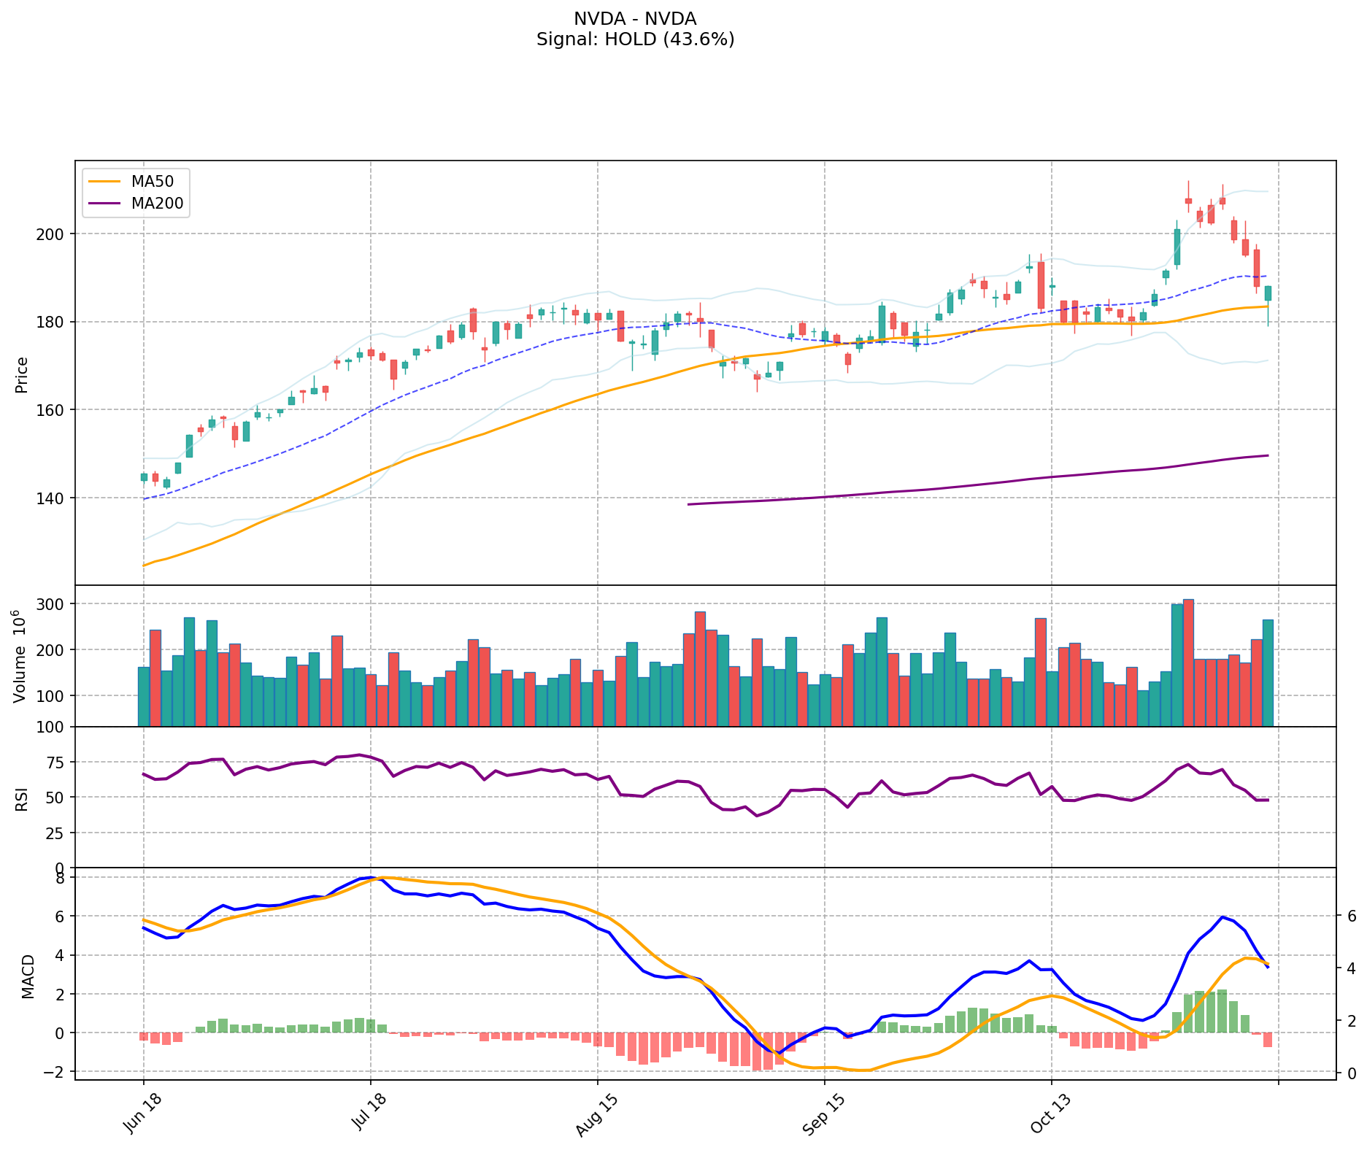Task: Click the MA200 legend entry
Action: pyautogui.click(x=156, y=204)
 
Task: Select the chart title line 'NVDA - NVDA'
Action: pyautogui.click(x=635, y=19)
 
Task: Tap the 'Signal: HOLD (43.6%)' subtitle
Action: pyautogui.click(x=635, y=39)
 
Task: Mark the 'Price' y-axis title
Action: pyautogui.click(x=22, y=374)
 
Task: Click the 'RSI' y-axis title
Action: pyautogui.click(x=22, y=798)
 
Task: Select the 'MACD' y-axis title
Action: pyautogui.click(x=28, y=976)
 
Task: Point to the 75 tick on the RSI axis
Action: pyautogui.click(x=58, y=763)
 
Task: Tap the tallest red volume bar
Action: pyautogui.click(x=1188, y=663)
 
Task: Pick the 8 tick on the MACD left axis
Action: pyautogui.click(x=60, y=877)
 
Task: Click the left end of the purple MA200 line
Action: pyautogui.click(x=689, y=504)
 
